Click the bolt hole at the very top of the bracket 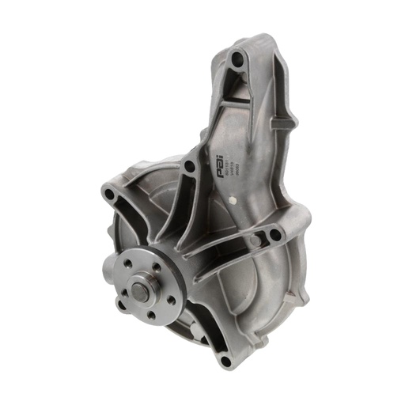(x=237, y=59)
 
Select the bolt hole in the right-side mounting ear (x=272, y=234)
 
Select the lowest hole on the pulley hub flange (x=149, y=314)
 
